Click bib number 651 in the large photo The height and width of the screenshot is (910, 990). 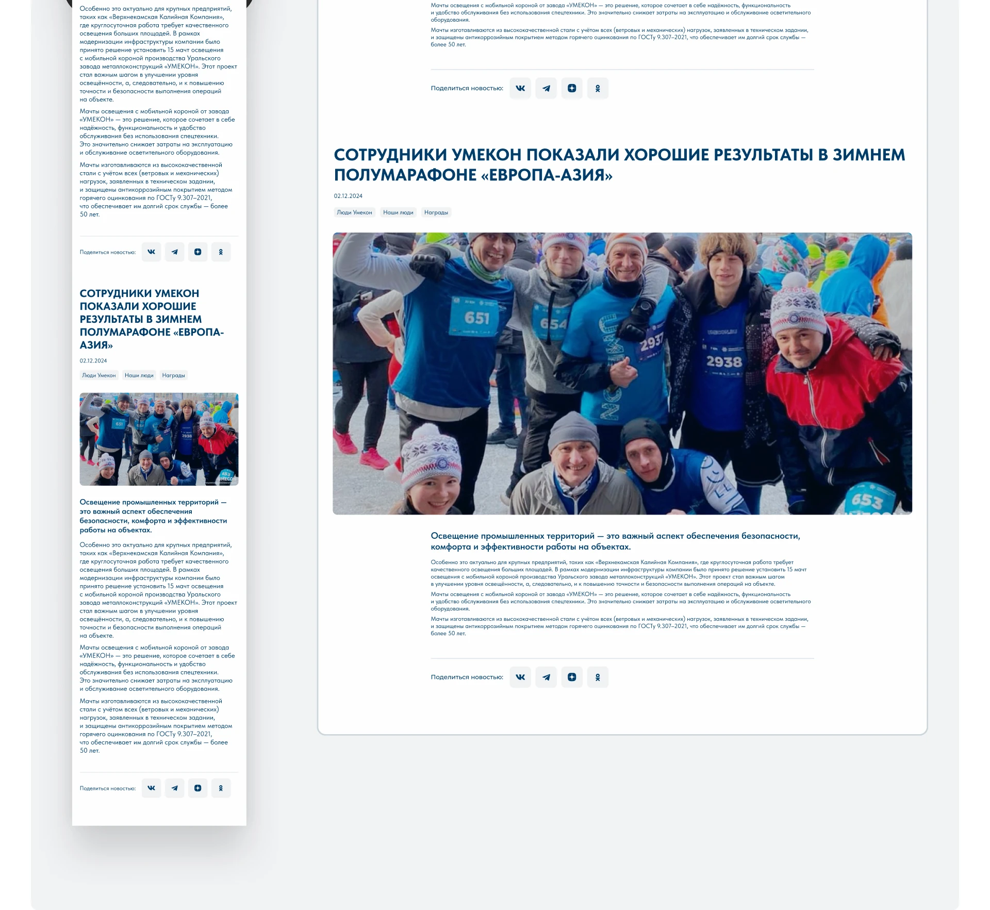(x=476, y=317)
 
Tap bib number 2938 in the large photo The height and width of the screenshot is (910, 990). (x=724, y=361)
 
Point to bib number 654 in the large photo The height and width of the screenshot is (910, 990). (x=553, y=324)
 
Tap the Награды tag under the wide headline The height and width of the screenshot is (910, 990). (x=436, y=212)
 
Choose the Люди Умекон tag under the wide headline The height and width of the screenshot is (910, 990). (x=354, y=212)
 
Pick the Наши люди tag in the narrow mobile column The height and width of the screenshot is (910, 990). (x=139, y=375)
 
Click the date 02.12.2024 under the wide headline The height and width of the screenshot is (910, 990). (x=348, y=196)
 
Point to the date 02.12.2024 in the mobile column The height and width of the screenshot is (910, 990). (x=93, y=361)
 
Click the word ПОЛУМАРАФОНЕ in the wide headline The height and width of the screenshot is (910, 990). (x=405, y=175)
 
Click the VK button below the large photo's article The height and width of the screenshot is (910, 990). (x=520, y=677)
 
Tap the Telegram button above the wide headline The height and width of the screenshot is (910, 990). (x=546, y=88)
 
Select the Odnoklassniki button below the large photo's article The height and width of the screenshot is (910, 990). (x=598, y=677)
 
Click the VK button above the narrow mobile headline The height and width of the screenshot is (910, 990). (x=151, y=252)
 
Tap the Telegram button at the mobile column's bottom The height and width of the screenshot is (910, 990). (x=174, y=788)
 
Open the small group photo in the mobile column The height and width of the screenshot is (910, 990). (x=159, y=439)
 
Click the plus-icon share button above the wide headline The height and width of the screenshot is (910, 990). (x=572, y=88)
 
